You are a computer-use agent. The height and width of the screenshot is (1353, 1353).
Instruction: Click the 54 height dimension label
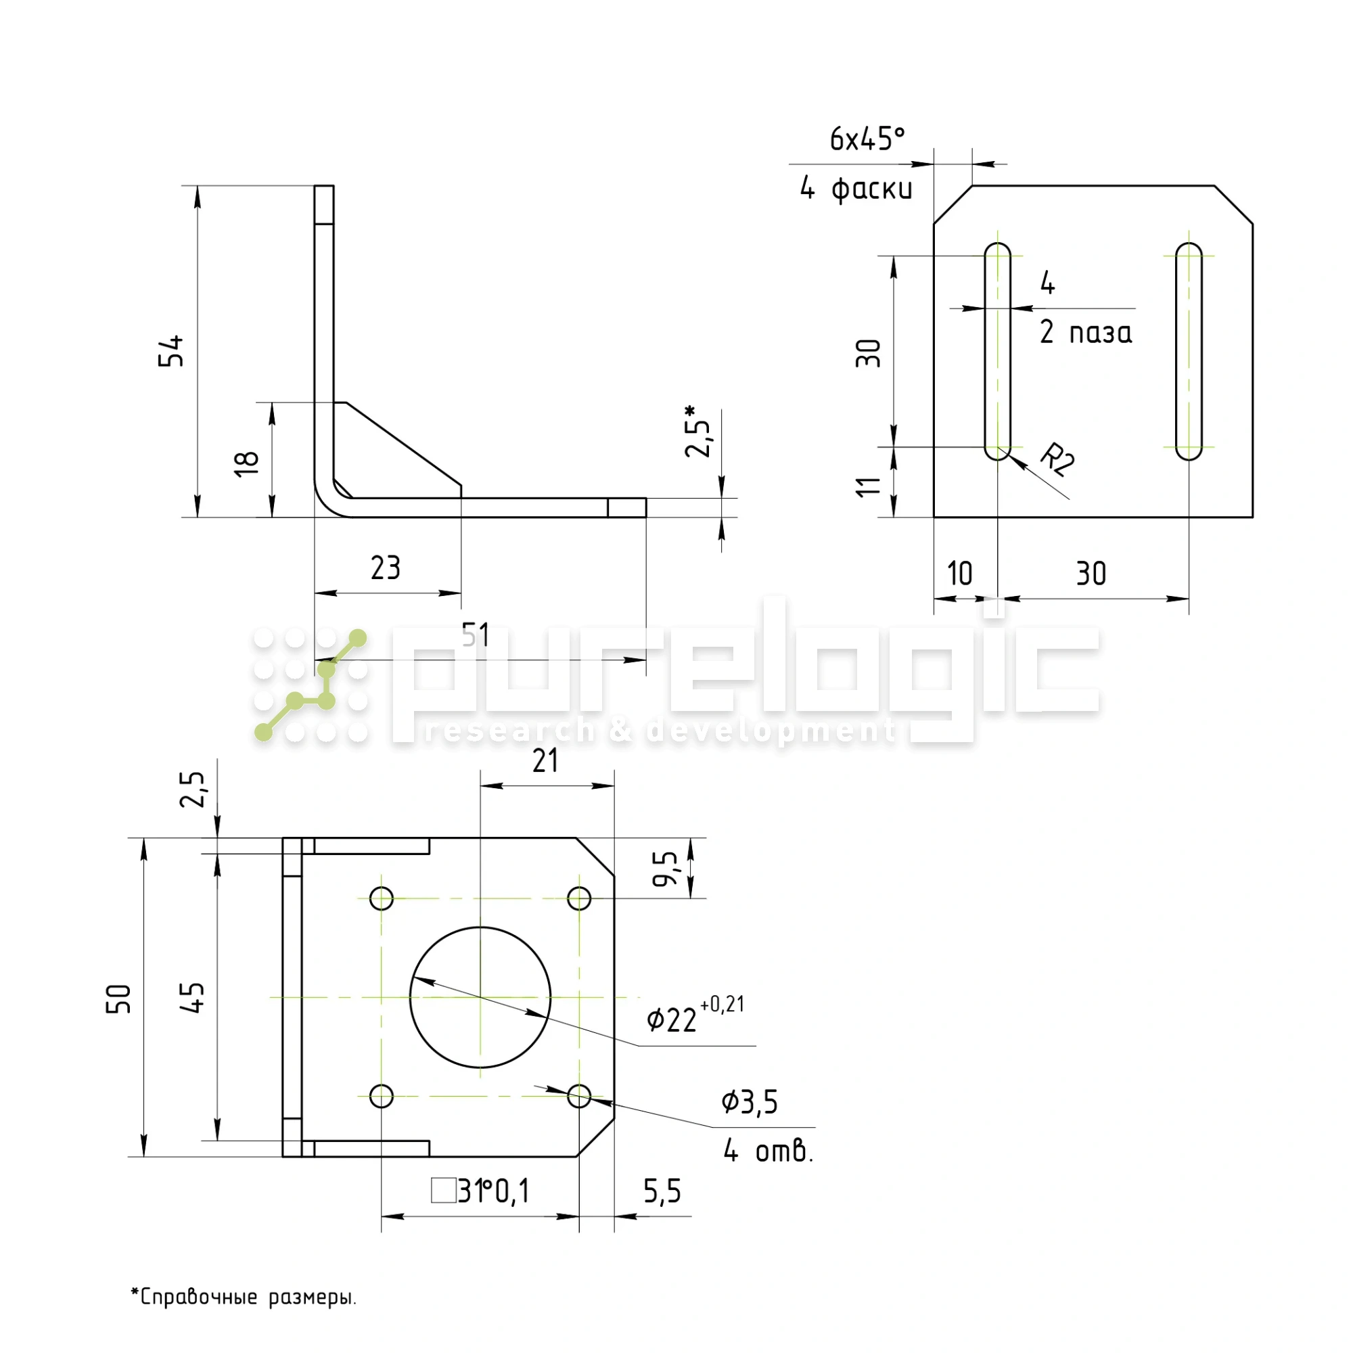(x=171, y=351)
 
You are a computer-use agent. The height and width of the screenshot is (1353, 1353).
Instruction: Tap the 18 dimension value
(x=247, y=463)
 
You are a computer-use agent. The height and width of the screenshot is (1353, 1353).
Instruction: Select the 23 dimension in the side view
(x=385, y=568)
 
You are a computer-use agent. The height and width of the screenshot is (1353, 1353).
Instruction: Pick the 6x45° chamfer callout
(x=867, y=139)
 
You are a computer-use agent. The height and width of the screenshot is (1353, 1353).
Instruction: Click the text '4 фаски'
(x=856, y=188)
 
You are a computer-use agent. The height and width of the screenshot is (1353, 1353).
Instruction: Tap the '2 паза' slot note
(x=1086, y=332)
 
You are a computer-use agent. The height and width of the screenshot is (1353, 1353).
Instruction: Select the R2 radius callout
(x=1057, y=459)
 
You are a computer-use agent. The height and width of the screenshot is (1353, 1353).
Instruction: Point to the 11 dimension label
(x=869, y=486)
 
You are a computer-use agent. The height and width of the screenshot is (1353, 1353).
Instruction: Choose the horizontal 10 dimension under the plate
(x=959, y=574)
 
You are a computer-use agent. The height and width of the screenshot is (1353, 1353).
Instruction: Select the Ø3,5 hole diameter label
(x=750, y=1102)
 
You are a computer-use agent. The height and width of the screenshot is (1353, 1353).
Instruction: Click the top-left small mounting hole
(x=382, y=898)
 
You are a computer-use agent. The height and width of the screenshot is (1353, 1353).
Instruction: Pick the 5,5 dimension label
(x=662, y=1191)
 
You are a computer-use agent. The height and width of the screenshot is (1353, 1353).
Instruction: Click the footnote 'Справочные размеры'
(x=244, y=1297)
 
